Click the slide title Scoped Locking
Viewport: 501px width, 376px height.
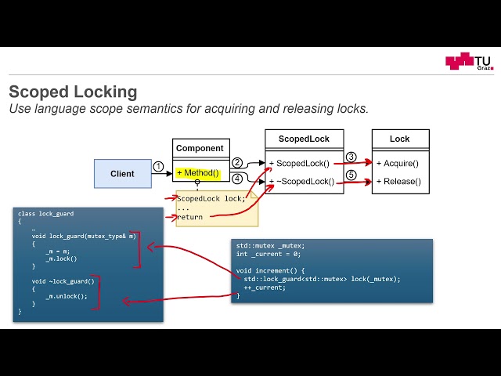73,92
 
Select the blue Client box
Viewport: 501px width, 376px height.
122,174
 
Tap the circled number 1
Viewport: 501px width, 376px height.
158,167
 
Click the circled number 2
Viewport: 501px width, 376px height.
237,162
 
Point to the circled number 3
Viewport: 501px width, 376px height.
351,157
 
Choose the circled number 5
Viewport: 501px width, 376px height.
351,175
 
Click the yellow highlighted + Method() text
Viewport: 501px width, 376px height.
197,173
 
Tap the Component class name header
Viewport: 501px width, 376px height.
200,149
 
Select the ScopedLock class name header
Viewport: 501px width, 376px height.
304,139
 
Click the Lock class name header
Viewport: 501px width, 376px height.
399,139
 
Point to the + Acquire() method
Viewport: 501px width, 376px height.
398,163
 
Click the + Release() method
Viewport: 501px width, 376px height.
398,182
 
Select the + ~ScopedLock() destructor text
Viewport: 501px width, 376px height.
301,182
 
